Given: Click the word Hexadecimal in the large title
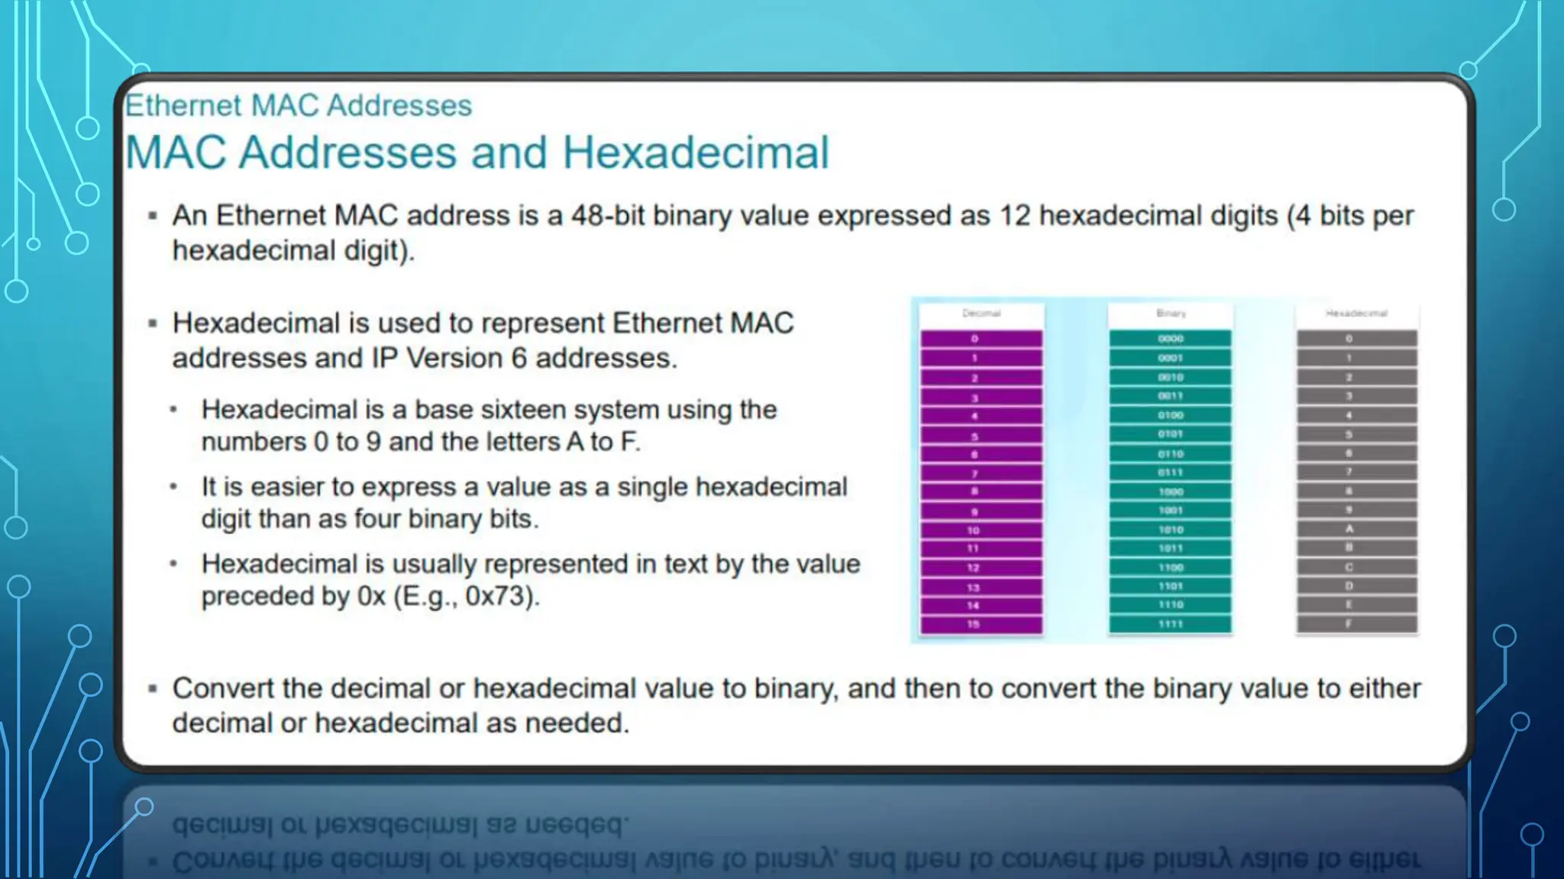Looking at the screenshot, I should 695,153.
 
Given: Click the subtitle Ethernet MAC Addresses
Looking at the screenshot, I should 299,105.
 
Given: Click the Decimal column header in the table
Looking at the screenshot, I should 981,314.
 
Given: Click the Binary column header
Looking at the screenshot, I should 1171,314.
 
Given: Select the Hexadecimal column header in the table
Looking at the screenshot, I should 1356,314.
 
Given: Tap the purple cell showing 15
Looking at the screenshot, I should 981,624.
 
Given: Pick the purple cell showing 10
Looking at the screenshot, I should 981,530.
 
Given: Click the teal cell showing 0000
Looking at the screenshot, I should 1170,339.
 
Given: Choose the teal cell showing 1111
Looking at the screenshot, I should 1170,624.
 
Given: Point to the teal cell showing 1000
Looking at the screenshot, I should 1170,491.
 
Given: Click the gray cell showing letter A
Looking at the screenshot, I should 1356,529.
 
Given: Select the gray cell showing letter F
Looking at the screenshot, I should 1356,624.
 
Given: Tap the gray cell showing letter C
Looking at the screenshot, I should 1356,567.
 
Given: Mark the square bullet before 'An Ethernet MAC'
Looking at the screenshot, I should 153,217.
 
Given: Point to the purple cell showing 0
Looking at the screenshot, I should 981,339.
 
